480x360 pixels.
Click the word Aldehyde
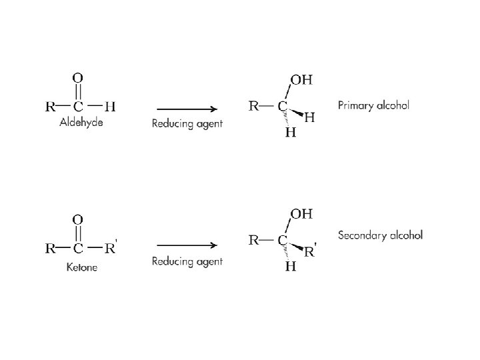[81, 123]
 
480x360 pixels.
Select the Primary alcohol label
[373, 105]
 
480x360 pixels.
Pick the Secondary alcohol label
[380, 235]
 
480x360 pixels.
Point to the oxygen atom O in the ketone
[78, 219]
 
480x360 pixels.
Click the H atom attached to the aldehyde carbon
[110, 105]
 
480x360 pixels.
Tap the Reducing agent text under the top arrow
[187, 123]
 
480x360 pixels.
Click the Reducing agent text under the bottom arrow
[187, 261]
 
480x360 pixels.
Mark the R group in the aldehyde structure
[50, 105]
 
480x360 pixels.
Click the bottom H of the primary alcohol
[291, 133]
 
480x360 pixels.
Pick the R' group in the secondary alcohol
[311, 253]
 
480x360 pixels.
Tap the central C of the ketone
[78, 249]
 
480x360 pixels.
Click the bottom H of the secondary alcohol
[291, 267]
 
